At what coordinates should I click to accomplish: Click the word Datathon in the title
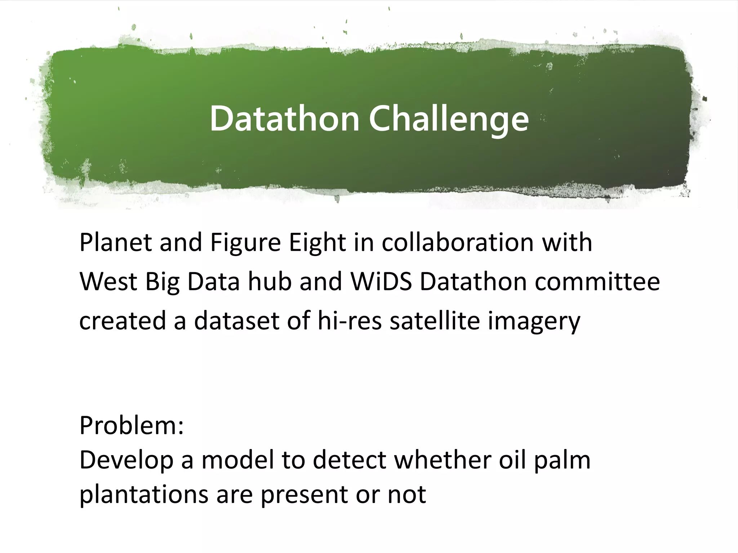tap(284, 118)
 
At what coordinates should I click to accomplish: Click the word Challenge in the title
tap(449, 118)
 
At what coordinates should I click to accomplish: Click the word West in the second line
tap(108, 282)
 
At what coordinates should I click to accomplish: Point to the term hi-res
tap(349, 320)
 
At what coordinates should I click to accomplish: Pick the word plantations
tap(143, 495)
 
